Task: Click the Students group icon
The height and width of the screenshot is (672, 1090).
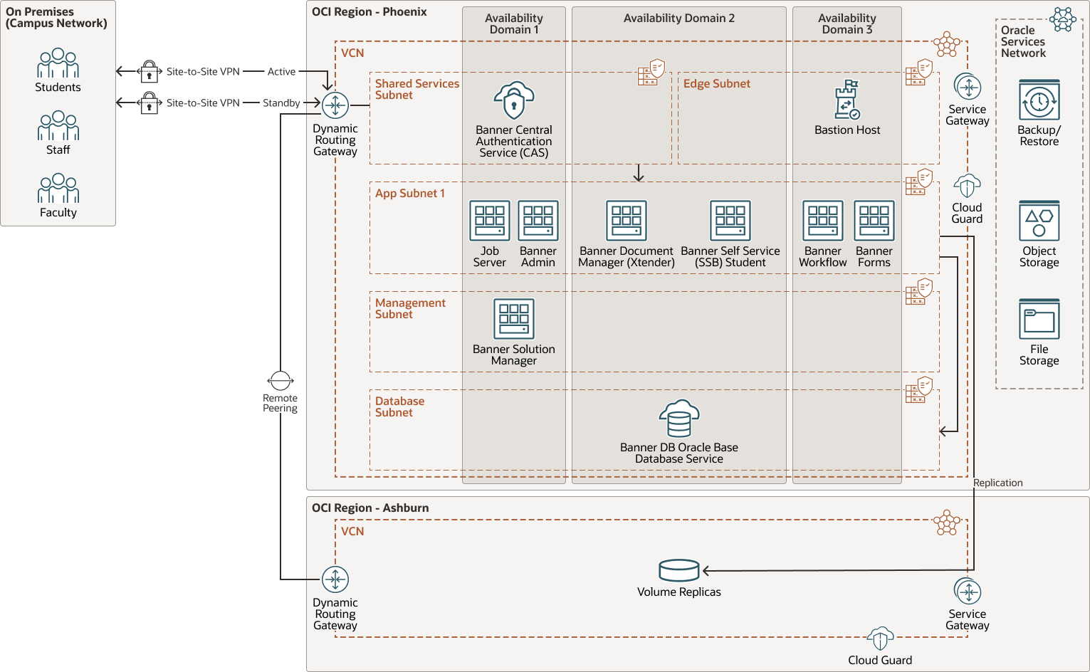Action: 58,63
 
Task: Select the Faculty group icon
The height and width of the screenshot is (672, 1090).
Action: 58,189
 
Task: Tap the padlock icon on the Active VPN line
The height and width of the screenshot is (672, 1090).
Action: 149,72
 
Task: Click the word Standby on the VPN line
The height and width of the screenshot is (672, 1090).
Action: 281,103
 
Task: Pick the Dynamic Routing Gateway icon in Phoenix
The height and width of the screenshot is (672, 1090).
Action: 335,105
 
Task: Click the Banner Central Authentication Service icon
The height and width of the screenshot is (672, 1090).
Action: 514,100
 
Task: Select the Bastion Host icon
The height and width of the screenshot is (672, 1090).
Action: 847,100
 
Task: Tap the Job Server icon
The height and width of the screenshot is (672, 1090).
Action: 490,221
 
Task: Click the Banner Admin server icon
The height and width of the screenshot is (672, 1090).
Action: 538,221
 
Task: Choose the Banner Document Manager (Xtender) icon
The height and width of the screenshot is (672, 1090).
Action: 627,221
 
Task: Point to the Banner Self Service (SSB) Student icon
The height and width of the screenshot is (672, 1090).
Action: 730,221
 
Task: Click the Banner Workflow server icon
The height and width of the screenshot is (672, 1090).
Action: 823,221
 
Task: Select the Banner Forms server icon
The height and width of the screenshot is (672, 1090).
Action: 874,221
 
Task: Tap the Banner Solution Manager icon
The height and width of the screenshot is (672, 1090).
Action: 514,319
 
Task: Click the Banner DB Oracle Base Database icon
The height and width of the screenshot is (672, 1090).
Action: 679,419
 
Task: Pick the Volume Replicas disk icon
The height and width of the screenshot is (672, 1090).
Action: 679,570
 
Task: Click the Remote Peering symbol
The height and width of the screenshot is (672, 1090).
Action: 281,381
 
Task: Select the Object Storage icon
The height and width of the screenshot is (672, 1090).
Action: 1039,221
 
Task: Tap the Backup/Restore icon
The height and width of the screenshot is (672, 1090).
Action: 1039,100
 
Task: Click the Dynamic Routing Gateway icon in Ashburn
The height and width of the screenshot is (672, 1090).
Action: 335,579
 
